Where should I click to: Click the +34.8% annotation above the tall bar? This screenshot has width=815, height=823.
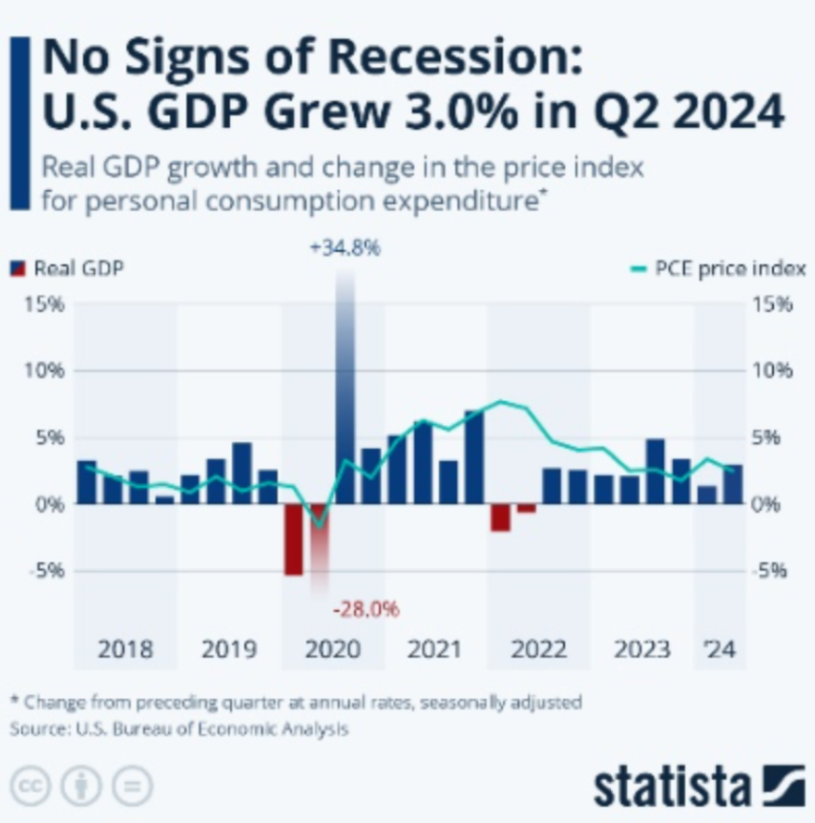pos(345,248)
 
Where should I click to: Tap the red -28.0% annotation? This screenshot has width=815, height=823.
pos(366,608)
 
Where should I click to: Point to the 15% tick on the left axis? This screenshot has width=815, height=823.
pos(44,305)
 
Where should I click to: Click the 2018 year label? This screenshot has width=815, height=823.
pos(125,649)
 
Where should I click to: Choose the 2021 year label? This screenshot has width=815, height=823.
pos(434,649)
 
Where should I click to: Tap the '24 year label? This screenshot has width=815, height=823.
pos(720,649)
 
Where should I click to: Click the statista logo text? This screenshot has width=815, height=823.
pos(672,787)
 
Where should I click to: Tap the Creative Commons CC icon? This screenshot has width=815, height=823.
pos(31,786)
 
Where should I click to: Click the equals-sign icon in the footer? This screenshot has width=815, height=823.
pos(132,786)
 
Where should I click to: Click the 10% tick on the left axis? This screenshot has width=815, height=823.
pos(44,371)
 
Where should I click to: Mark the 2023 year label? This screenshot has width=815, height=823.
pos(641,649)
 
